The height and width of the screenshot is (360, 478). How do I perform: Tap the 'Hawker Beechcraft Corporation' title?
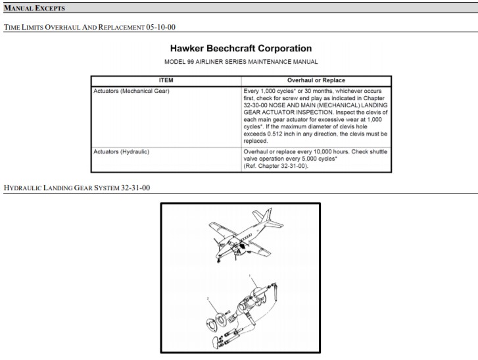241,49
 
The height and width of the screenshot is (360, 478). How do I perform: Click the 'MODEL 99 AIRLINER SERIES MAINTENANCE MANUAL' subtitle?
241,62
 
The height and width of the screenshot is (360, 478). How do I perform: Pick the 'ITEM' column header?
166,80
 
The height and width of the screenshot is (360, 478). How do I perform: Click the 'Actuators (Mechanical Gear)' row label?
131,90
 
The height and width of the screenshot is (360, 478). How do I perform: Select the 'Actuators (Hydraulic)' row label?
122,151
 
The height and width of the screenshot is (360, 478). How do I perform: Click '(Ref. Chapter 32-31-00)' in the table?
274,166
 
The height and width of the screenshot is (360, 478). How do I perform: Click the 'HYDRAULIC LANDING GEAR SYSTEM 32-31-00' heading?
77,188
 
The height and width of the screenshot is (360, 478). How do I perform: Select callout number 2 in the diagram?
208,298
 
